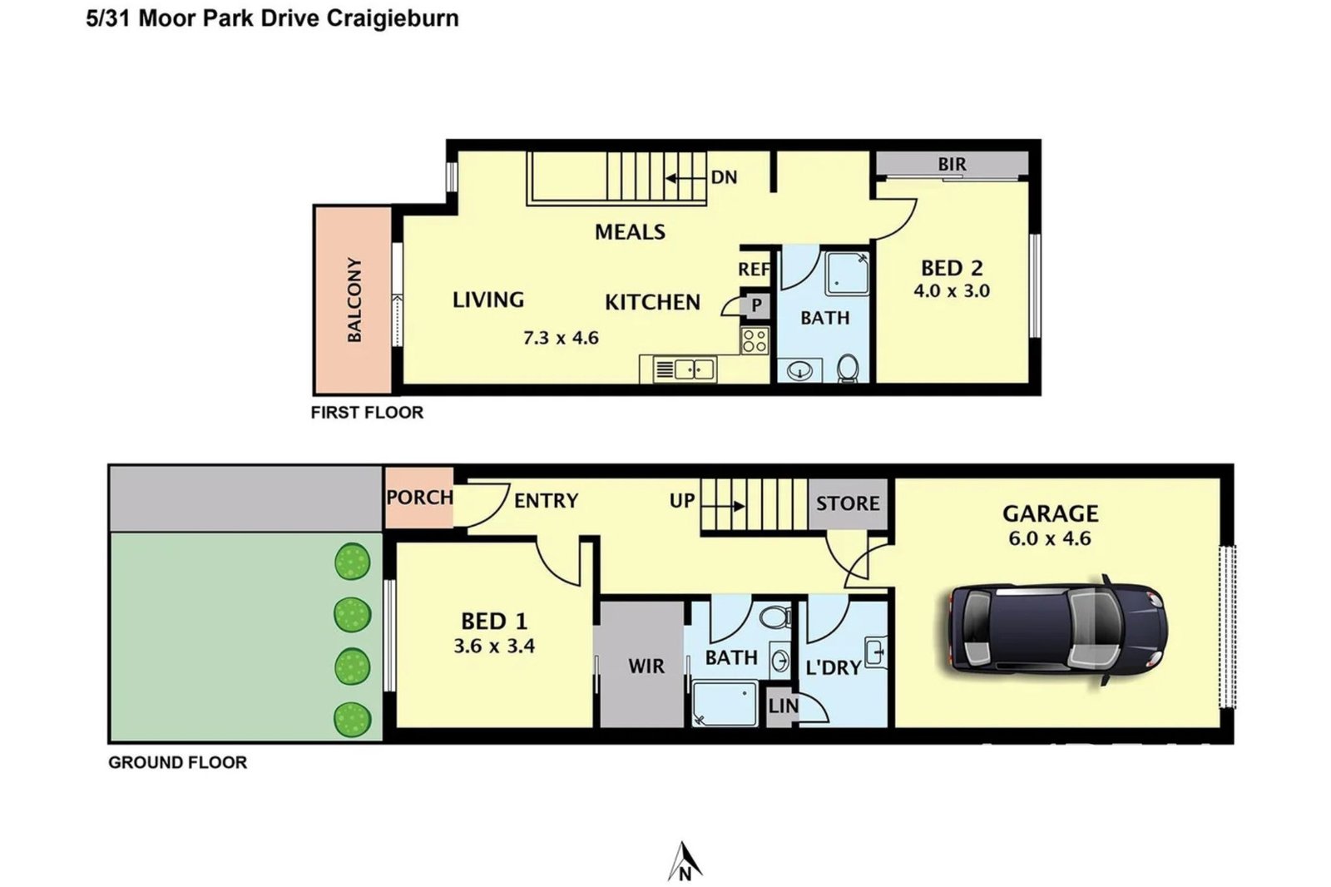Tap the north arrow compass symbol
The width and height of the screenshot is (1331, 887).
pos(685,861)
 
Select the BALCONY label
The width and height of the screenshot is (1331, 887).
pos(354,300)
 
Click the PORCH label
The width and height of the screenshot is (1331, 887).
pos(419,497)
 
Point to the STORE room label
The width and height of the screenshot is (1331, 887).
pos(848,503)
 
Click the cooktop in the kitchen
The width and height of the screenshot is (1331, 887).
pos(755,340)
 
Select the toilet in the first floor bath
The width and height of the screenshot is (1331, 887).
pos(848,369)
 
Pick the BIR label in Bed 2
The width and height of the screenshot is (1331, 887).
pos(952,164)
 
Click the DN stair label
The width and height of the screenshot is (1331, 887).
pos(724,177)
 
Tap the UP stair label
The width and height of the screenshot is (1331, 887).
pos(681,501)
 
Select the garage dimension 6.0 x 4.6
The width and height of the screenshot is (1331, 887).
pos(1050,538)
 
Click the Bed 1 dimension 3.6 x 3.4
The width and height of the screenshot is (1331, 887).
pos(494,647)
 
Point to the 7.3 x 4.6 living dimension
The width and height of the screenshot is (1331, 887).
pos(561,339)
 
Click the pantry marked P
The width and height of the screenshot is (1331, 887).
pos(756,305)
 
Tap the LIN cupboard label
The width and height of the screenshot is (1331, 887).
pos(783,706)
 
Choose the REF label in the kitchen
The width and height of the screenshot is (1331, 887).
pos(754,270)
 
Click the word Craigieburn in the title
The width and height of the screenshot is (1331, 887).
pos(393,18)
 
